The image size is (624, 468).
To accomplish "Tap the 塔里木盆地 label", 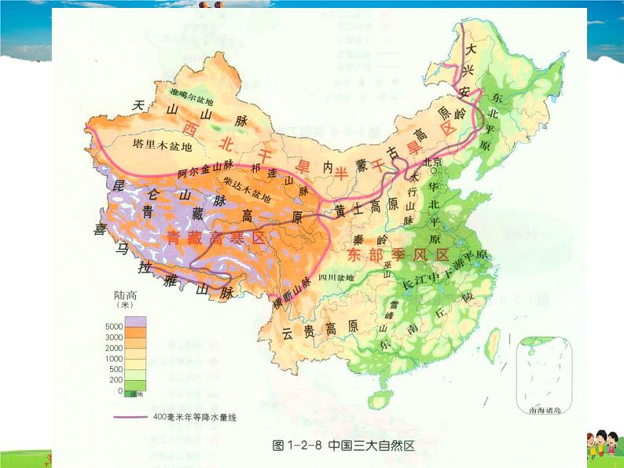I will [x=163, y=145].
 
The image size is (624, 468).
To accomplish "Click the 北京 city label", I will [x=434, y=163].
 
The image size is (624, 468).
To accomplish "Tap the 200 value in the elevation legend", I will [x=117, y=379].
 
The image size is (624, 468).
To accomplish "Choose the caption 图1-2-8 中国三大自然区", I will [x=342, y=445].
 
